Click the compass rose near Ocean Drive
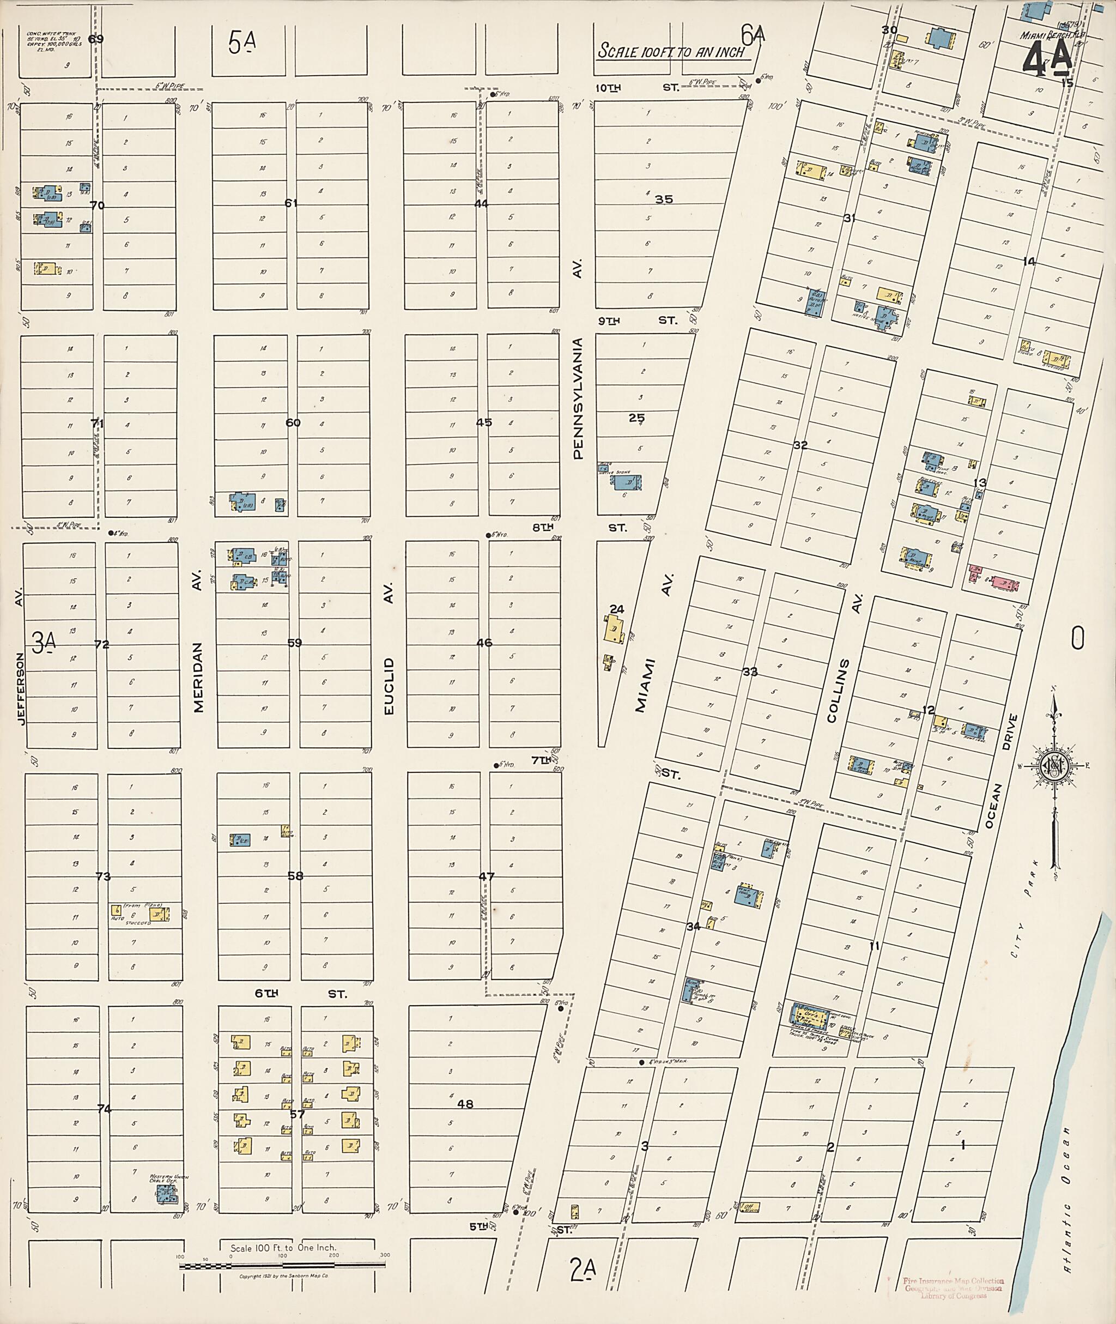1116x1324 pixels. [1054, 766]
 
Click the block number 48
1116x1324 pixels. [465, 1104]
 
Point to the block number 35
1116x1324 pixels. [664, 199]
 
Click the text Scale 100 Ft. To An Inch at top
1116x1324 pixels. [672, 52]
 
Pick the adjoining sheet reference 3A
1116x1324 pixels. [44, 643]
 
